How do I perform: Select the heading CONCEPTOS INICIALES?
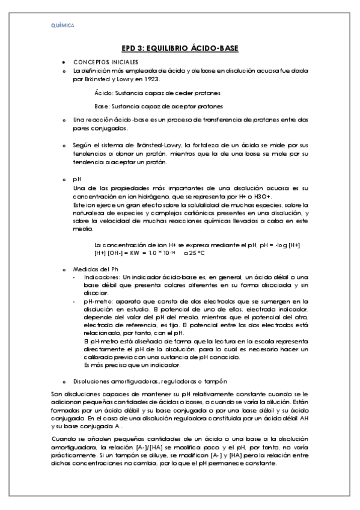coord(106,62)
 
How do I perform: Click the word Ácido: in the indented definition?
coord(104,93)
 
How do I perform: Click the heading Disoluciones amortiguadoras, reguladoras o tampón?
coord(150,381)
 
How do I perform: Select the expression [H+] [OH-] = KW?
coord(127,253)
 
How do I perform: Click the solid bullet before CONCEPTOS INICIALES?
coord(64,63)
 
